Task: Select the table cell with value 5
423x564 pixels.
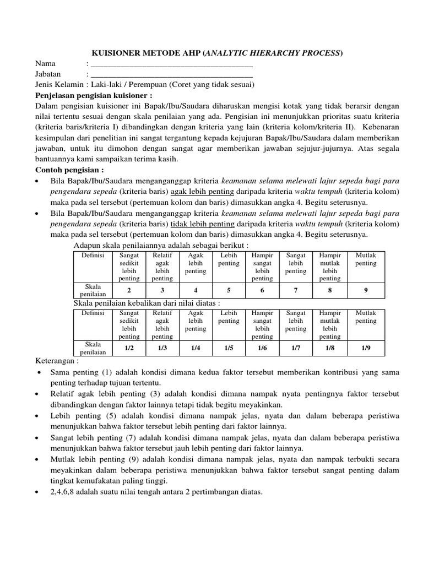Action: coord(229,290)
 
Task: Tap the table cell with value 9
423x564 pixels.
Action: coord(366,290)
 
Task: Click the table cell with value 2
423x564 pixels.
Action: coord(129,290)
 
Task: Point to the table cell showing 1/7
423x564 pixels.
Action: coord(296,348)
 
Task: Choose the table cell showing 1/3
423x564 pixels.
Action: coord(162,348)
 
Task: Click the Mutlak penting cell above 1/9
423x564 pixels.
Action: coord(366,317)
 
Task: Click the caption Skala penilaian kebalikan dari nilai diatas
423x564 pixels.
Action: coord(147,303)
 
